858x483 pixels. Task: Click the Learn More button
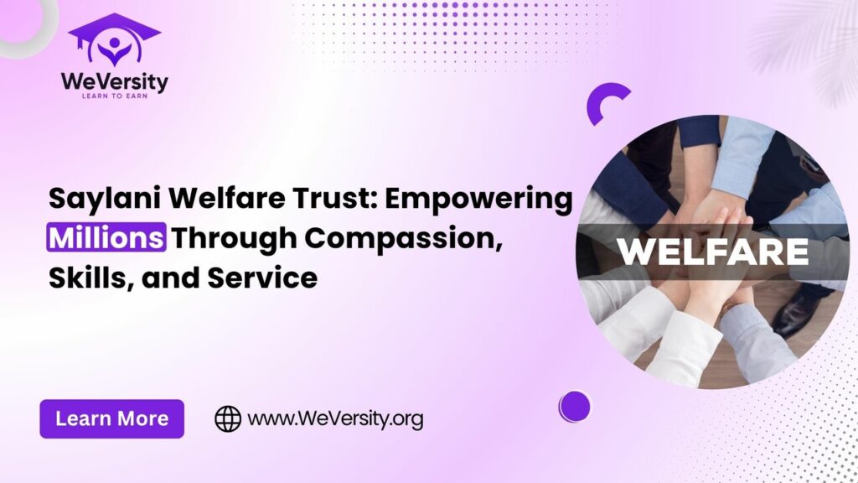coord(111,419)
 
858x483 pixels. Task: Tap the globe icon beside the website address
coord(228,419)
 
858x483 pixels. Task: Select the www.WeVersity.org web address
coord(335,419)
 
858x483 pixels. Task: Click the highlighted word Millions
coord(106,237)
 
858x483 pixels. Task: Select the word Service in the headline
coord(262,278)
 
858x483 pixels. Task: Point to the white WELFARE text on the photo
coord(712,252)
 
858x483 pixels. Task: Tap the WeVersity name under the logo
coord(114,83)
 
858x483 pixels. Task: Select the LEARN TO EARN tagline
coord(114,96)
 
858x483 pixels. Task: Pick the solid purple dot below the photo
coord(575,407)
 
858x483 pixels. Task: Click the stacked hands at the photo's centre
coord(711,219)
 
